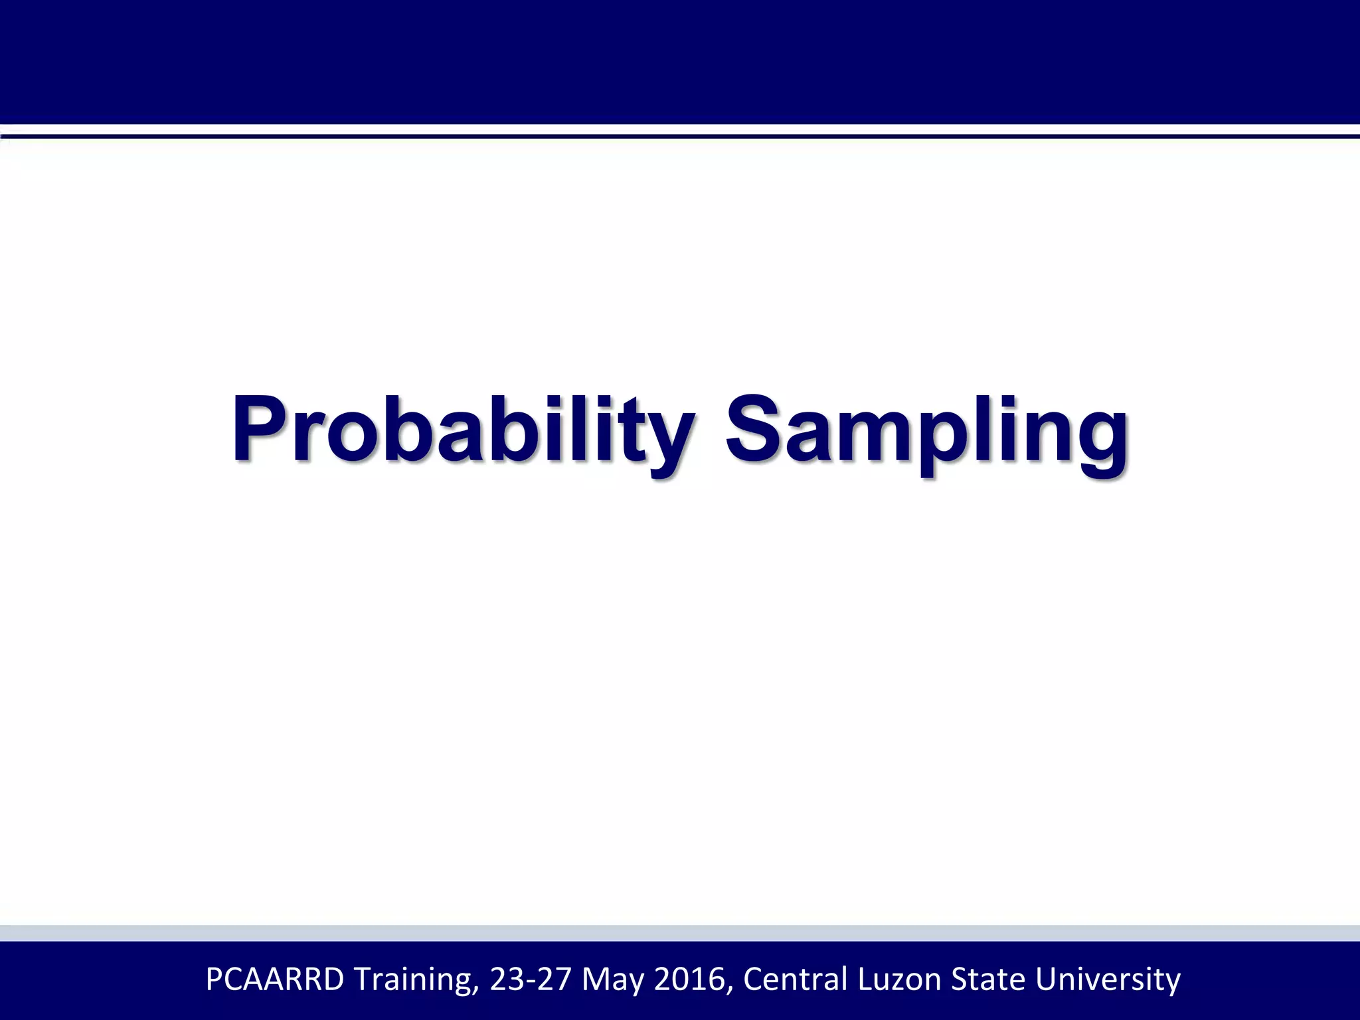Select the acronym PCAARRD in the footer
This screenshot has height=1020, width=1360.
point(275,979)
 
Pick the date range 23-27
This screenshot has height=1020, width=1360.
point(530,979)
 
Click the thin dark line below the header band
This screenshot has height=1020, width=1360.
point(680,136)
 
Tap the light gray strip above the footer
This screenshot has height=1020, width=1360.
point(680,932)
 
